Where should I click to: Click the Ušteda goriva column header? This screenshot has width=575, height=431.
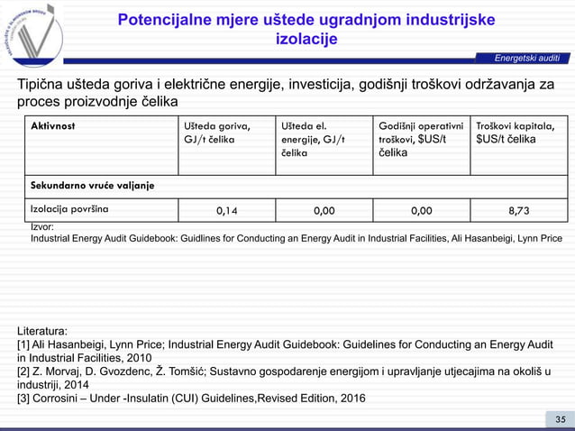click(217, 133)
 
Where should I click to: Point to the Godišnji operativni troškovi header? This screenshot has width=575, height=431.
click(422, 140)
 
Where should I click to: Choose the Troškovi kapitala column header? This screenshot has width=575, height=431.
click(517, 133)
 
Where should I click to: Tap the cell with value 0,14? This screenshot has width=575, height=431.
click(227, 211)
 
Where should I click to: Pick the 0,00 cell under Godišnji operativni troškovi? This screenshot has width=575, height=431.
click(421, 211)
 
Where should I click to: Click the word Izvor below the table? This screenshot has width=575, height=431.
click(42, 228)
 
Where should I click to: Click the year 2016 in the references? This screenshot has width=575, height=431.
click(351, 399)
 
